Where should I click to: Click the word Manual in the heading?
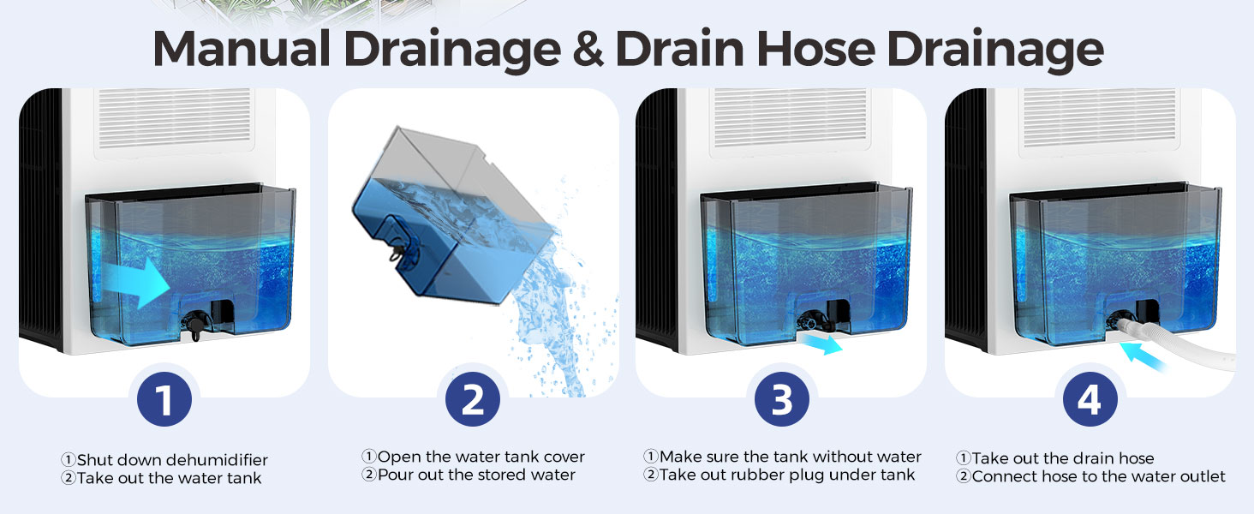pos(241,50)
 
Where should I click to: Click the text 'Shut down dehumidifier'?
pos(171,461)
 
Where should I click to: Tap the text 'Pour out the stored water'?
pos(476,475)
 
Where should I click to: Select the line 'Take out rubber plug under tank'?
pos(787,475)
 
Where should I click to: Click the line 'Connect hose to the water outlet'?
pos(1098,476)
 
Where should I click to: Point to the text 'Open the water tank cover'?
pos(481,457)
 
